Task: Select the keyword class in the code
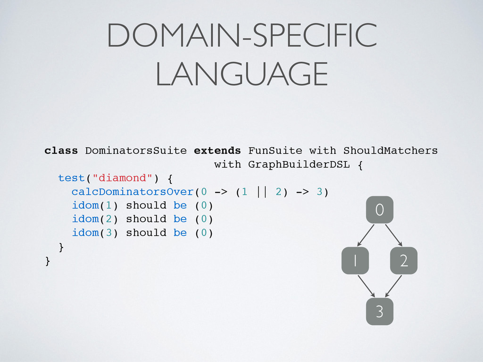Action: [x=61, y=151]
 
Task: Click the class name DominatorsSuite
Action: [x=136, y=151]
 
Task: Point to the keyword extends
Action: [x=217, y=151]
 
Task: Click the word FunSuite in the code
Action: [x=275, y=151]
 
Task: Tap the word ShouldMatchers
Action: [x=390, y=151]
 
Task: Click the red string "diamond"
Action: [x=122, y=178]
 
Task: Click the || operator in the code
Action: [x=262, y=192]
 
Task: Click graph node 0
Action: [x=379, y=209]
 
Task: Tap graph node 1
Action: [x=354, y=261]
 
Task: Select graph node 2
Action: [x=404, y=261]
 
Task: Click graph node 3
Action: [x=379, y=312]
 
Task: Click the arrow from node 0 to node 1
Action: [x=366, y=235]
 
